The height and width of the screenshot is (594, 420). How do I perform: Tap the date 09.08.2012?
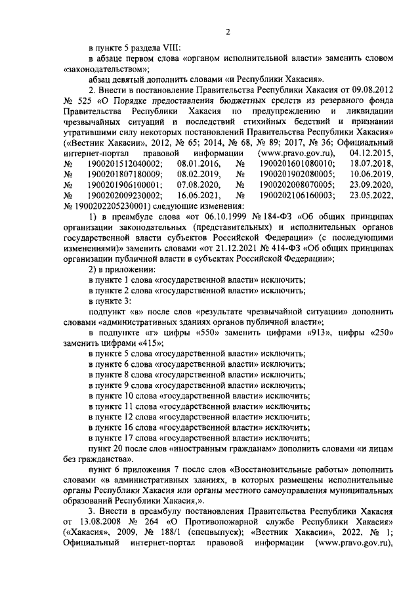370,88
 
